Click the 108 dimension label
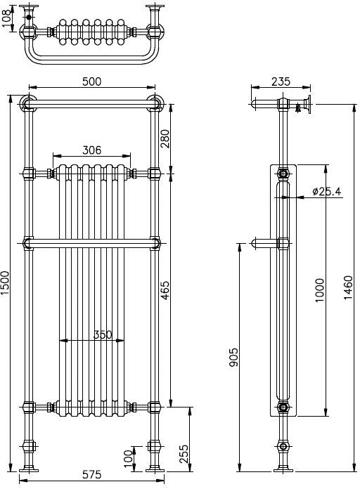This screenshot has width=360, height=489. point(7,19)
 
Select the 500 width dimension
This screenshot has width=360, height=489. point(92,81)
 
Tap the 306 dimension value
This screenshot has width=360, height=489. point(92,149)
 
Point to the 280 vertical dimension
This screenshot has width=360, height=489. point(165,138)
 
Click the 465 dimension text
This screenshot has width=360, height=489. point(165,289)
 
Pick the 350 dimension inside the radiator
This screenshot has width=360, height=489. point(103,334)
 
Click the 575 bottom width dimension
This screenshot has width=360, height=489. point(92,475)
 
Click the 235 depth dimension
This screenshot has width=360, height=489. point(281,81)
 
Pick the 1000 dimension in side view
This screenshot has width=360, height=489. point(320,289)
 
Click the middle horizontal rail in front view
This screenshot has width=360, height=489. point(91,244)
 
